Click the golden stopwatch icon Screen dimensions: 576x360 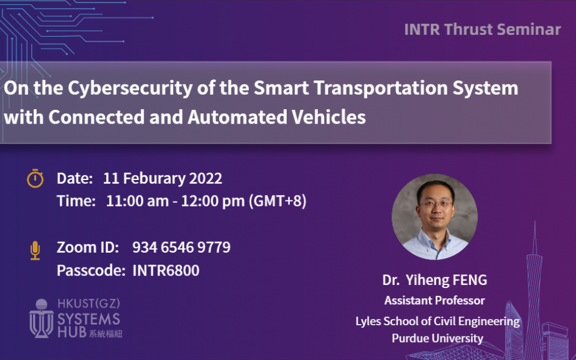35,179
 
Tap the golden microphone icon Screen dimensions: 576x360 35,251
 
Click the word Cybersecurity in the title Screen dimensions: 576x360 130,88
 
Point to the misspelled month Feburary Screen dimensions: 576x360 154,179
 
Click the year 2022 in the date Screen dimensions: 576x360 205,179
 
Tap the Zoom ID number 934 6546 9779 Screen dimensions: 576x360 181,247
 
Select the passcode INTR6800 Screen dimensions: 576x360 166,271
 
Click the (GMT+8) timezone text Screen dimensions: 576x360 278,201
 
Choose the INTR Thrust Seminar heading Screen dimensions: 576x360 482,29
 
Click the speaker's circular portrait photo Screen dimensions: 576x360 434,217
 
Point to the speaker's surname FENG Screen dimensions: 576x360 469,280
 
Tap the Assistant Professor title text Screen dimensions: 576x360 434,301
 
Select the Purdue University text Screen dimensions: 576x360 437,338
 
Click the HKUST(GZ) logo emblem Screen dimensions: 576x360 41,318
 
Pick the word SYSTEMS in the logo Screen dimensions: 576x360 89,319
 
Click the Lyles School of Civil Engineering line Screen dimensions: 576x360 437,322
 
